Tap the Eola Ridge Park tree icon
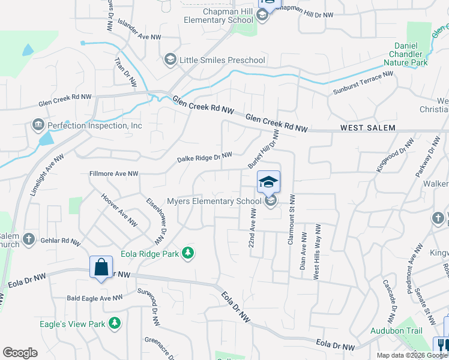click(189, 253)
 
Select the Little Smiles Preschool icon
click(170, 59)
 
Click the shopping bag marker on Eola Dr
click(101, 266)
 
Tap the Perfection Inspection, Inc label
click(95, 126)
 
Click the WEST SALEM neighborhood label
click(368, 128)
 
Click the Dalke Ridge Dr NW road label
click(204, 158)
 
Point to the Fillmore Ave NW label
click(113, 174)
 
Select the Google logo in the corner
click(20, 353)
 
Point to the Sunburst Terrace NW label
click(363, 83)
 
